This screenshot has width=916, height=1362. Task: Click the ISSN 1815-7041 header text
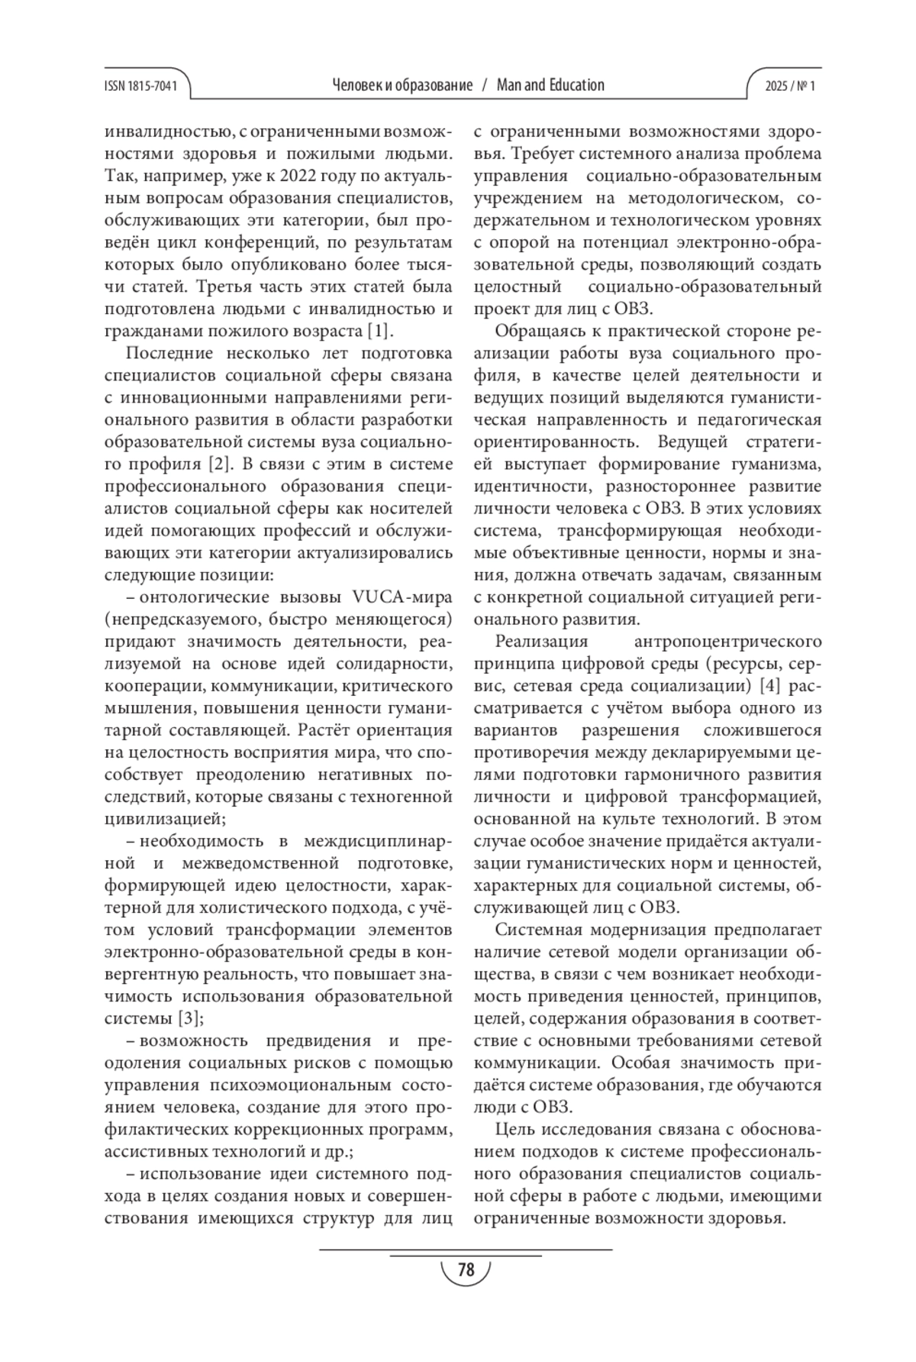[x=140, y=86]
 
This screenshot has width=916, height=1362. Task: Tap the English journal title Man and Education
[x=550, y=86]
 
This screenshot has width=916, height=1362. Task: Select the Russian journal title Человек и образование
[x=402, y=86]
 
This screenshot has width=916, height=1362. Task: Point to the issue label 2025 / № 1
[x=790, y=86]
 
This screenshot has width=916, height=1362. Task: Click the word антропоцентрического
[x=728, y=640]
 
